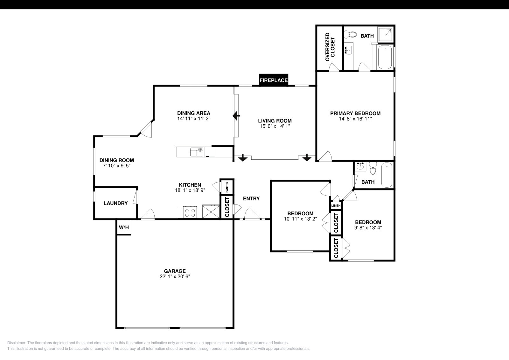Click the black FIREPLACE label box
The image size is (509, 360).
tap(274, 80)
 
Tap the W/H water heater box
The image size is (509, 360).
tap(124, 227)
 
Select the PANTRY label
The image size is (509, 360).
tap(227, 187)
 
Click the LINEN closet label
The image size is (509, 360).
tap(336, 206)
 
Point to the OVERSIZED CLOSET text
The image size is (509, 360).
tap(330, 47)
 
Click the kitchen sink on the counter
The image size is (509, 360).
tap(197, 152)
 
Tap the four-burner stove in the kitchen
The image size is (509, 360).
tap(190, 212)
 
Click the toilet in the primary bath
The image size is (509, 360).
tap(350, 34)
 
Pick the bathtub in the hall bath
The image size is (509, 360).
tap(387, 175)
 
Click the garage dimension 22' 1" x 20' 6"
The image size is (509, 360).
tap(175, 277)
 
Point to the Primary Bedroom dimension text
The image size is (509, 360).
tap(355, 119)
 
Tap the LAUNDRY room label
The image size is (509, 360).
tap(115, 203)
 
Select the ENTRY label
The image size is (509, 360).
tap(251, 199)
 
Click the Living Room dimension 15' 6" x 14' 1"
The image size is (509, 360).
tap(275, 126)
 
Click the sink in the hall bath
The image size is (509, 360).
tap(360, 167)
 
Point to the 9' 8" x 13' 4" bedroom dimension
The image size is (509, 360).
tap(368, 228)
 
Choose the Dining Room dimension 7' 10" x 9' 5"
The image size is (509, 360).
tap(116, 166)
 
